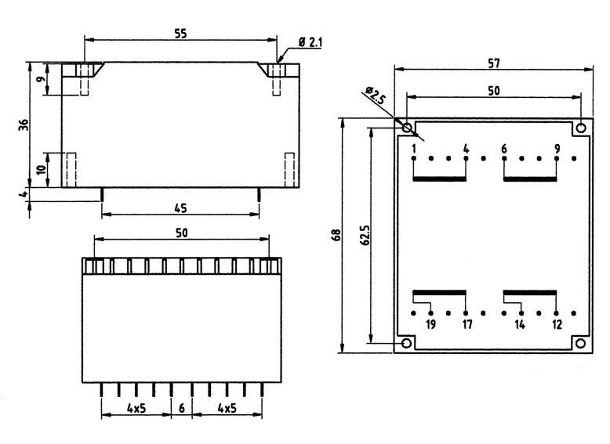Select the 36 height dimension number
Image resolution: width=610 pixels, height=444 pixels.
tap(24, 125)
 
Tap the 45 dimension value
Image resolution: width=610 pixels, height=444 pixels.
tap(181, 208)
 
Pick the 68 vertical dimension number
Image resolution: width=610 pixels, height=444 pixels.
tap(336, 235)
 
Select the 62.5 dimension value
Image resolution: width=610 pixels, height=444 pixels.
tap(363, 235)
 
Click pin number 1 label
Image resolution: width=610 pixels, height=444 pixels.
tap(413, 148)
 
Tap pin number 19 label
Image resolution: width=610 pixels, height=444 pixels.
tap(430, 324)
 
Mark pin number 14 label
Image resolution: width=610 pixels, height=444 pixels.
tap(520, 324)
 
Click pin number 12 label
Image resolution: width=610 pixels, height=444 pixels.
tap(557, 324)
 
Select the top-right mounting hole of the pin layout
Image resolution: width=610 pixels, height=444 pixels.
tap(580, 128)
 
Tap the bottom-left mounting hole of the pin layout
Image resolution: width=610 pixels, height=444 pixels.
tap(406, 343)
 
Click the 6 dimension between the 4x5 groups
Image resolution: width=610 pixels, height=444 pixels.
tap(181, 407)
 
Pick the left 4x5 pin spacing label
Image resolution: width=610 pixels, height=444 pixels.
tap(136, 407)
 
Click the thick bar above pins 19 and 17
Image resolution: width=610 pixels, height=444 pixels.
tap(439, 291)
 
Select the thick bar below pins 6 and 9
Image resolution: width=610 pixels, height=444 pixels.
tap(530, 179)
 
